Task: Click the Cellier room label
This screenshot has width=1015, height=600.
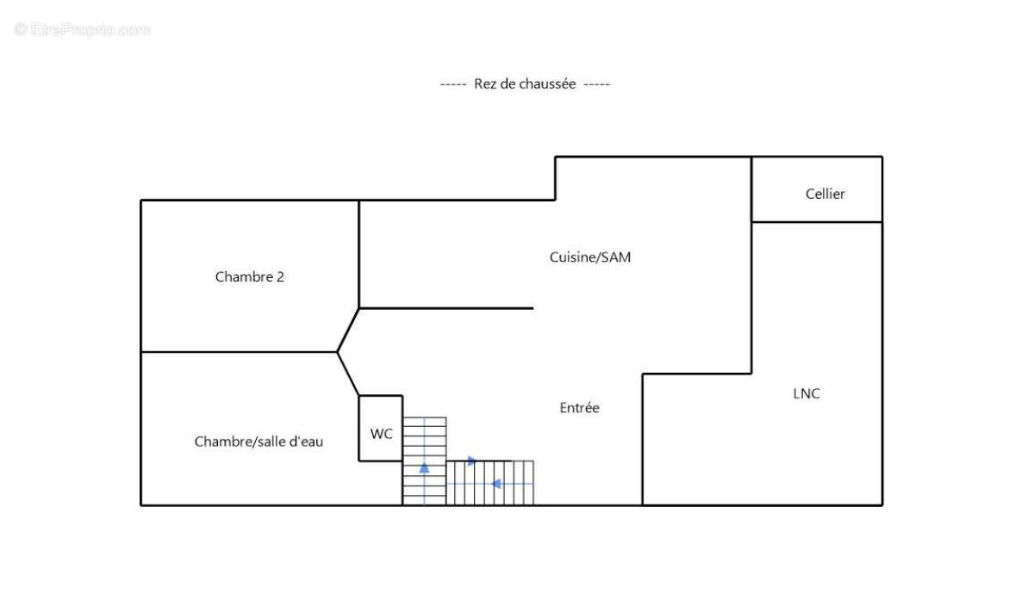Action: click(x=825, y=194)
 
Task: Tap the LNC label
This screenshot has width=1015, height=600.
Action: click(x=806, y=393)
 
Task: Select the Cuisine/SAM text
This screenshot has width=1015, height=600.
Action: click(x=589, y=257)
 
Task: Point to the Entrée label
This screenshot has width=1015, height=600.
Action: click(x=579, y=408)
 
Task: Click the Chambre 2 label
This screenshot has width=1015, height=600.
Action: click(x=249, y=277)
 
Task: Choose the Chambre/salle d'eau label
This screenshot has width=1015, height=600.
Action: click(x=258, y=442)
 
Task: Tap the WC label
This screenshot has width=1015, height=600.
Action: click(x=381, y=434)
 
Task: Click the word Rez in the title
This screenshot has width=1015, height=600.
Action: click(x=483, y=84)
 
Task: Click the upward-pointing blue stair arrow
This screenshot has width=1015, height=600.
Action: click(x=424, y=467)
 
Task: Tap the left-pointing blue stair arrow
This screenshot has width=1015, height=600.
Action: click(x=495, y=484)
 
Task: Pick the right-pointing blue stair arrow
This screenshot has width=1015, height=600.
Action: click(x=471, y=461)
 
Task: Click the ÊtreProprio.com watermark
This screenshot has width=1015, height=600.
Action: click(x=83, y=29)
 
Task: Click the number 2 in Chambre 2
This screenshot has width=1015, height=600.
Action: click(x=280, y=277)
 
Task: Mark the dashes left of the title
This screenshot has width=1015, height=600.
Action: click(x=453, y=84)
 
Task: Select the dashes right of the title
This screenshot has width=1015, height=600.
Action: click(x=596, y=84)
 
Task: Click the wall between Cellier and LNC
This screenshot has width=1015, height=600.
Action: click(x=817, y=222)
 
